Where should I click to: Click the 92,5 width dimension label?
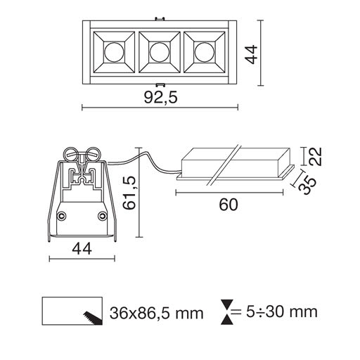click(160, 98)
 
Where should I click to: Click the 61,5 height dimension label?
click(129, 193)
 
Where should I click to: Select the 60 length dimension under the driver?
click(229, 205)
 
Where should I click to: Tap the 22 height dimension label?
click(315, 157)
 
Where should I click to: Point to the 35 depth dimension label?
click(308, 186)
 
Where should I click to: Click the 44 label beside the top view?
click(251, 54)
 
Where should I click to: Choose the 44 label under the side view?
click(82, 249)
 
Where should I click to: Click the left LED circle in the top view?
click(114, 52)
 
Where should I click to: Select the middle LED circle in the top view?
click(160, 52)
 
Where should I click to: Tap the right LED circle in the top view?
click(205, 52)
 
